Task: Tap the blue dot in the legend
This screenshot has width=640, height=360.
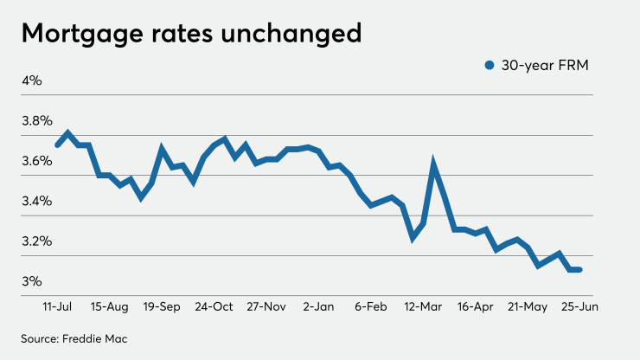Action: point(490,65)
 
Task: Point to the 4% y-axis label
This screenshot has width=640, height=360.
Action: point(32,80)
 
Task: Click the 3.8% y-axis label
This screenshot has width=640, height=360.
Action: point(37,120)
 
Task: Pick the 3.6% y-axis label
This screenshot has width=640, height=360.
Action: point(37,161)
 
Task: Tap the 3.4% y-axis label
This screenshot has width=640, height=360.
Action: point(37,201)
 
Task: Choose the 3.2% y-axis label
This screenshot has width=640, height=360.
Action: point(37,241)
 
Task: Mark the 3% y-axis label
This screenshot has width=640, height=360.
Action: point(32,281)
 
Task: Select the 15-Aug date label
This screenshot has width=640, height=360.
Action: point(109,306)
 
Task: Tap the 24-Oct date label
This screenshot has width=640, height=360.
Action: point(214,306)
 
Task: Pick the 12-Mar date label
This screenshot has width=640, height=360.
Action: point(423,306)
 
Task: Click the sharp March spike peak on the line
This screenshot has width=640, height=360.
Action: point(434,162)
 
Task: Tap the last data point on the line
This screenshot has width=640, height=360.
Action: point(579,270)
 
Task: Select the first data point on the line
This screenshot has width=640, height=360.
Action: point(57,145)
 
